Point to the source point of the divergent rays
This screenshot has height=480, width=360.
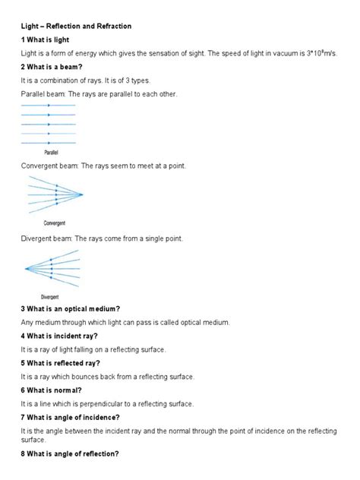(x=26, y=268)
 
